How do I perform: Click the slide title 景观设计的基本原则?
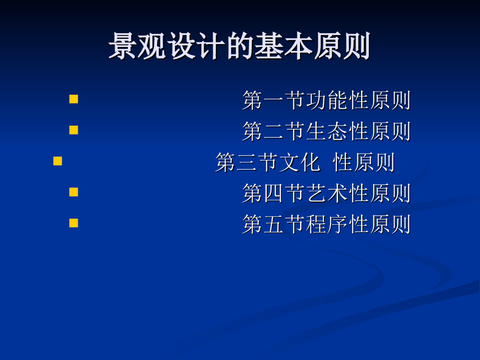coord(240,46)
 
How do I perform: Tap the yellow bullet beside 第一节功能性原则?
coord(74,99)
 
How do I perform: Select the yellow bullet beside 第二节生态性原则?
coord(74,130)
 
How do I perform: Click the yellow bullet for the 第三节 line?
coord(58,161)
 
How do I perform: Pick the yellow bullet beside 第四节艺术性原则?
coord(74,192)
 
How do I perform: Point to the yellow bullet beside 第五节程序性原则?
coord(74,223)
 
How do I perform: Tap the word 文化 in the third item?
coord(300,163)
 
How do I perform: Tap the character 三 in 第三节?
coord(247,163)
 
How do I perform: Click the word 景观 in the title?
coord(138,46)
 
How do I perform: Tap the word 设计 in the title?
coord(196,46)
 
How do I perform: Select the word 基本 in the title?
coord(284,46)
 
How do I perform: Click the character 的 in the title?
coord(240,46)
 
